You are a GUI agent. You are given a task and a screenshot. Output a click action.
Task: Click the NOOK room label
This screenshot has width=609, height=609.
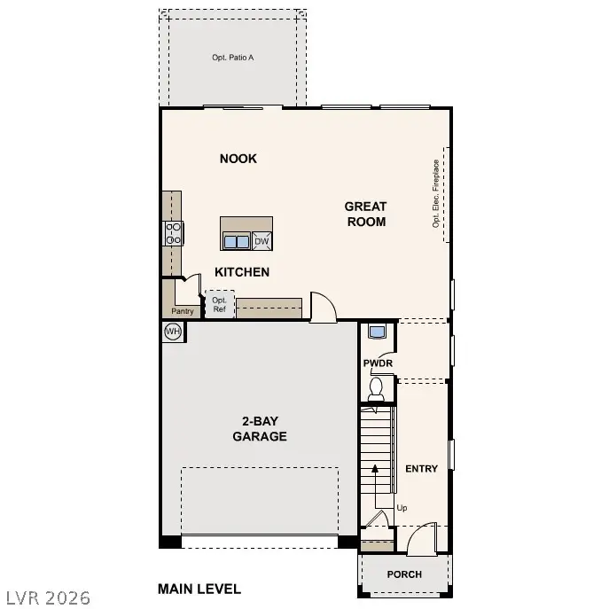pos(238,159)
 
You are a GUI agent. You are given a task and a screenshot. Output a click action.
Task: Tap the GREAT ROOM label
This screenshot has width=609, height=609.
pos(365,215)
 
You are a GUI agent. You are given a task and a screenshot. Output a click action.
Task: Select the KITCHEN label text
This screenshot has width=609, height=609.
pos(242,272)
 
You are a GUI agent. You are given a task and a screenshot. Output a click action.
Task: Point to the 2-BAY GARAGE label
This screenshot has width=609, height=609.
pos(259,429)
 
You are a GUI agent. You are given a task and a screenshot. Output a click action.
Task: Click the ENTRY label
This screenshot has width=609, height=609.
pos(421,468)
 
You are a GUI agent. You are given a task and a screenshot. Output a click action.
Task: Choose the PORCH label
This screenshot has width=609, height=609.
pos(404,574)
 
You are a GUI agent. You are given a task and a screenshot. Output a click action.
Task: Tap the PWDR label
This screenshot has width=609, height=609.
pos(378,363)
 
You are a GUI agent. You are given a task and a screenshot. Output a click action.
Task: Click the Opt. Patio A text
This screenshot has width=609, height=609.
pos(233,58)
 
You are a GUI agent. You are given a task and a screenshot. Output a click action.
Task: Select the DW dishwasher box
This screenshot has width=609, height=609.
pos(262,241)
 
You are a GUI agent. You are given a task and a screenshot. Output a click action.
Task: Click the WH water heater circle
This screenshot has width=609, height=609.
pos(173,332)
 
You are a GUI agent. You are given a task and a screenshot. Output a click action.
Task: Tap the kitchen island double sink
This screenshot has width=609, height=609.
pos(236,241)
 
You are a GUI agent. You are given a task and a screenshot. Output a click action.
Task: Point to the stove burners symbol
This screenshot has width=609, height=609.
pos(173,233)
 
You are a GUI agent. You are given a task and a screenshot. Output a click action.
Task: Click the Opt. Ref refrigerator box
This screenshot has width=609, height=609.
pos(220,304)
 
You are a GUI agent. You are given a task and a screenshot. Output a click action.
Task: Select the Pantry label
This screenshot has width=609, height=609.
pos(182,311)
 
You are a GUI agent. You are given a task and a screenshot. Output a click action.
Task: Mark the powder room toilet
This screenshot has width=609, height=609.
pos(377,387)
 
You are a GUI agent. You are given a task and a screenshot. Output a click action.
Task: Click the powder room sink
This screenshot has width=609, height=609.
pos(377,332)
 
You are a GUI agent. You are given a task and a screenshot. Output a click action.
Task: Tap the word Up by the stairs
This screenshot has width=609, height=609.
pos(402,508)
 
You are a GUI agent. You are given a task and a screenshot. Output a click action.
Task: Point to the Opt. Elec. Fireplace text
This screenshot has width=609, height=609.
pos(436,193)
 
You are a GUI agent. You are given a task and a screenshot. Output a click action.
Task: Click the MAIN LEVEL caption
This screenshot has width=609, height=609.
pos(199,589)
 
